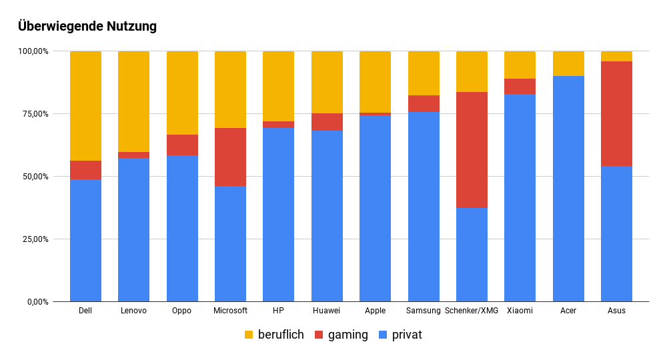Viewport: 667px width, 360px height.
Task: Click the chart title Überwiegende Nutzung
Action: (87, 27)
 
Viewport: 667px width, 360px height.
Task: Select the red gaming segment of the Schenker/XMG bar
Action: (472, 150)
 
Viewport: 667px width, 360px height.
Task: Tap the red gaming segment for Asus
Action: (616, 113)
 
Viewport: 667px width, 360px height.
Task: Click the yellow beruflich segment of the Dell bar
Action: (85, 106)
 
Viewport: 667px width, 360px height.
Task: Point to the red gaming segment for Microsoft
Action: (230, 157)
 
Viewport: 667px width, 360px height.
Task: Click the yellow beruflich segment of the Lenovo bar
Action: (133, 101)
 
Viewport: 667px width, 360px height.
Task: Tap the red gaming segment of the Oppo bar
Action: (182, 145)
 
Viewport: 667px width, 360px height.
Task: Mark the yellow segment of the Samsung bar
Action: (424, 73)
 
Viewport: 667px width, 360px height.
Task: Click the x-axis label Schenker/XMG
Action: (472, 311)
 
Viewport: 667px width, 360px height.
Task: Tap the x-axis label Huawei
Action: (327, 311)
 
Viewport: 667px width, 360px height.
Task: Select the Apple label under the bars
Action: (375, 311)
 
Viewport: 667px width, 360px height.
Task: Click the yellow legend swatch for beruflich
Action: (249, 335)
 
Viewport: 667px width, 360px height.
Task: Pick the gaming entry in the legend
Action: (348, 335)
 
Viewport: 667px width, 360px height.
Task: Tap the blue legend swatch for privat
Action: (383, 335)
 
